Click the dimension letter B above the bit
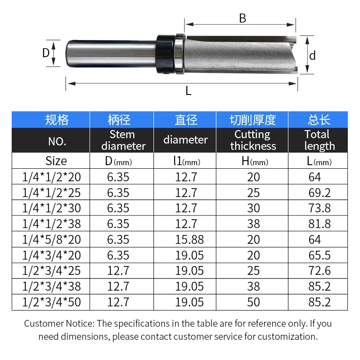click(243, 18)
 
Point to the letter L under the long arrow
click(189, 91)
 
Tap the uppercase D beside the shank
click(45, 53)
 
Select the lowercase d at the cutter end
click(312, 55)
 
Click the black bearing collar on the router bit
click(164, 54)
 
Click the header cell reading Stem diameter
click(122, 140)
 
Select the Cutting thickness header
click(253, 140)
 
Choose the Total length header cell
click(319, 140)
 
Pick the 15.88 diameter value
click(186, 239)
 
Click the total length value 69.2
click(319, 193)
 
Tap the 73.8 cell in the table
click(319, 208)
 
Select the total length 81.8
click(319, 224)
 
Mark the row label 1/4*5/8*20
click(51, 239)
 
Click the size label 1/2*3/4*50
click(51, 301)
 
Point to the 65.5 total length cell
click(319, 255)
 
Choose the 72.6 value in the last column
click(319, 270)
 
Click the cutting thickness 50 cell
click(253, 301)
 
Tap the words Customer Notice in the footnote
click(58, 324)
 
